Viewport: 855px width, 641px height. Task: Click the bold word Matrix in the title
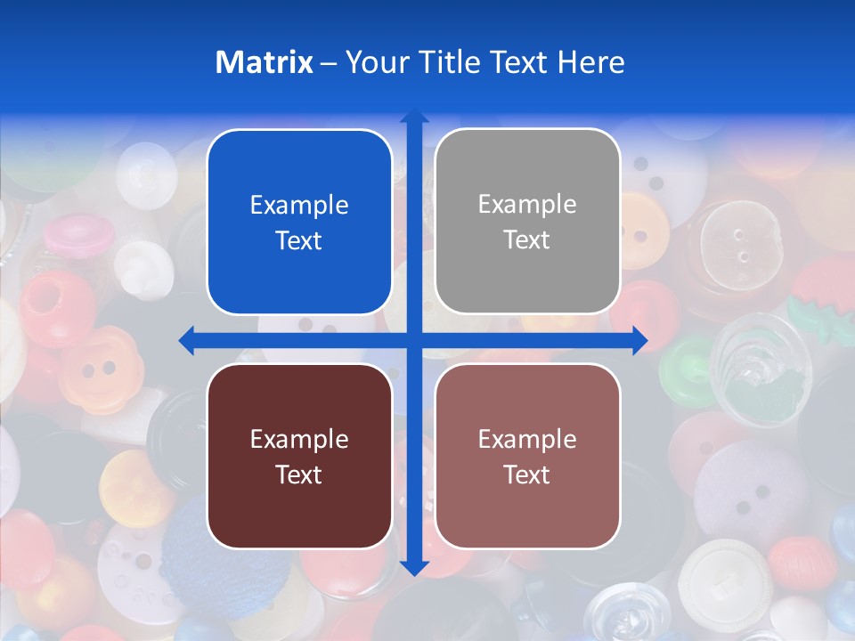[264, 62]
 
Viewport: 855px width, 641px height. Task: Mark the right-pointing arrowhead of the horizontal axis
[639, 340]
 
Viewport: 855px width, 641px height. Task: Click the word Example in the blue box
[299, 206]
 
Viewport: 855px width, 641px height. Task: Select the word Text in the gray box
[527, 240]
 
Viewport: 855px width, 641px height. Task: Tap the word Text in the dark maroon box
[299, 475]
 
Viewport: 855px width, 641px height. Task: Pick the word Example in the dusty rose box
[527, 439]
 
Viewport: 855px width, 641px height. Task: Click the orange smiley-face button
[100, 367]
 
